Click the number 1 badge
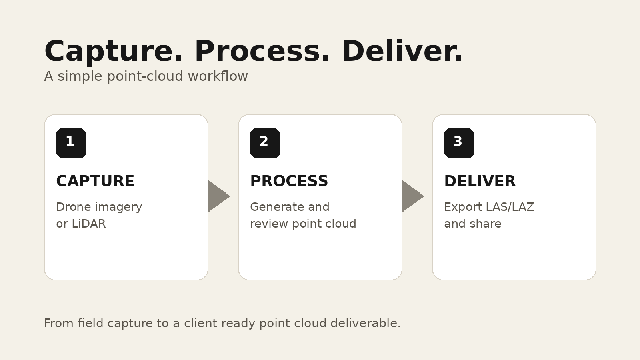click(x=71, y=143)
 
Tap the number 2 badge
click(x=265, y=143)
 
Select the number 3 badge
click(x=459, y=143)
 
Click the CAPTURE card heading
click(x=95, y=181)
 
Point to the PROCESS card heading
click(x=289, y=181)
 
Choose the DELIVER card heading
click(x=480, y=181)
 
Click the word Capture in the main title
click(x=114, y=52)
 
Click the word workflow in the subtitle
click(x=218, y=76)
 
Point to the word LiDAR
click(x=88, y=224)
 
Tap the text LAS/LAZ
click(x=510, y=207)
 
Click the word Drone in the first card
click(x=74, y=207)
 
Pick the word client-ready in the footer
click(x=220, y=324)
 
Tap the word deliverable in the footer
click(x=366, y=323)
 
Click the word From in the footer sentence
click(x=59, y=324)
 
